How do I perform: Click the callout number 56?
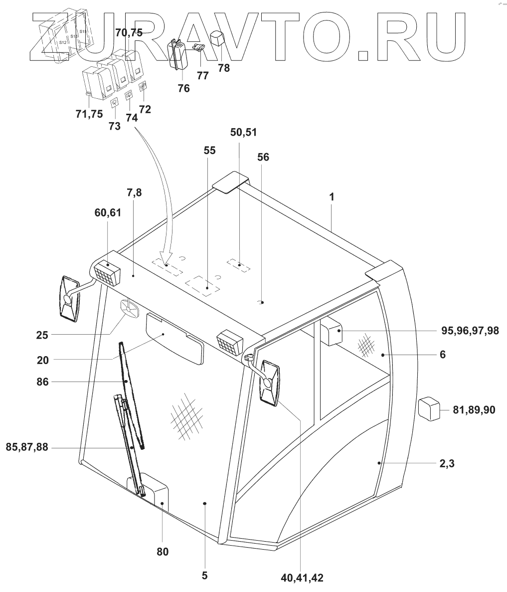263,157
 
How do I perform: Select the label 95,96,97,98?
470,331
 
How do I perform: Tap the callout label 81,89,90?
474,409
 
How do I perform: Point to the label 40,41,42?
302,578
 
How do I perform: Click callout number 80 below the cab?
163,552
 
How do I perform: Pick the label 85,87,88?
27,447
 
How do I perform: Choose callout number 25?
42,335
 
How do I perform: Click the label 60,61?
108,213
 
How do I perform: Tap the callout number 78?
224,68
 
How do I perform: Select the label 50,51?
243,133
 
